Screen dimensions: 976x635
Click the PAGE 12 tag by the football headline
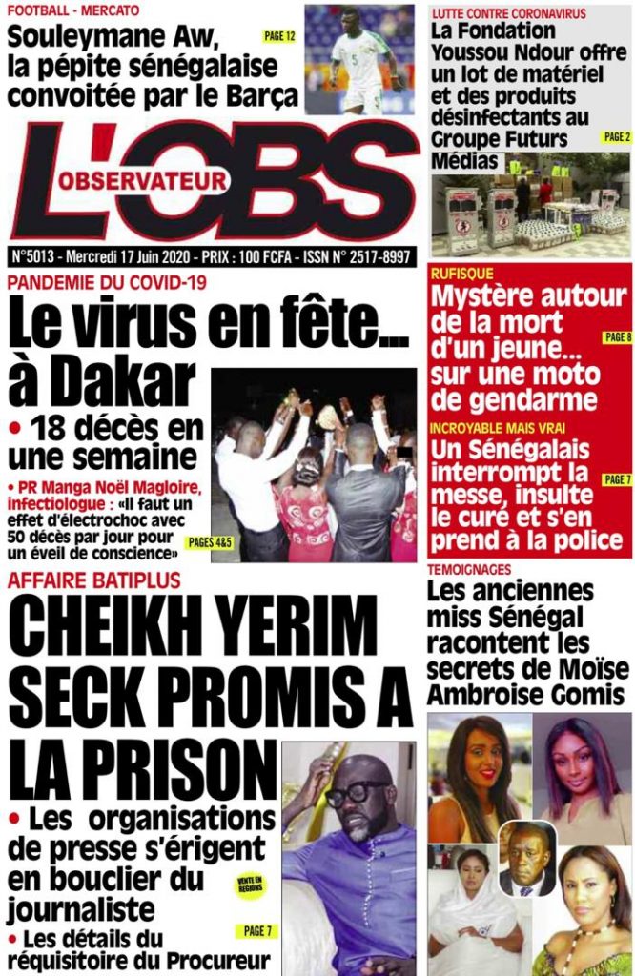pyautogui.click(x=278, y=36)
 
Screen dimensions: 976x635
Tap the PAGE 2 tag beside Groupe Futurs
pyautogui.click(x=616, y=137)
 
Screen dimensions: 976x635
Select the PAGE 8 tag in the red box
pyautogui.click(x=617, y=337)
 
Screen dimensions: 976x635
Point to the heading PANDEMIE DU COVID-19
pyautogui.click(x=107, y=282)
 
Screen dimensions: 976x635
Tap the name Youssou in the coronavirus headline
pyautogui.click(x=473, y=52)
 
